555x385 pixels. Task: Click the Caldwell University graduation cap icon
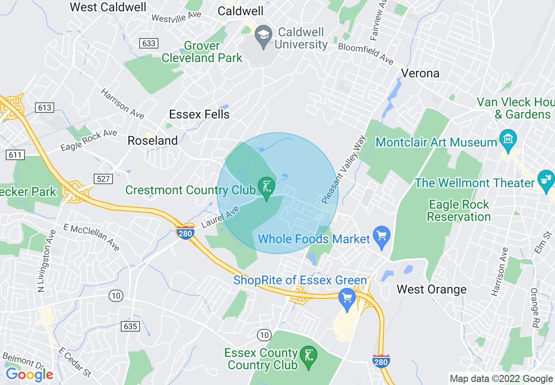click(x=263, y=34)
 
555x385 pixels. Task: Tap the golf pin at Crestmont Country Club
click(x=266, y=186)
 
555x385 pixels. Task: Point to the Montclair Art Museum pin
click(x=508, y=139)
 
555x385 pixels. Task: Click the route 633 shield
click(x=149, y=43)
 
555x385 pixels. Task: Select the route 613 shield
click(x=45, y=108)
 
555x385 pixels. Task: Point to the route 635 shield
click(x=130, y=326)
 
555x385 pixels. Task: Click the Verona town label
click(x=420, y=73)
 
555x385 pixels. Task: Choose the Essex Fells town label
click(x=199, y=115)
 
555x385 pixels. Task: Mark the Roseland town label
click(x=152, y=140)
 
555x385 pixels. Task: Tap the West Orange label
click(x=431, y=290)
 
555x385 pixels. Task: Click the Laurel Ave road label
click(x=221, y=217)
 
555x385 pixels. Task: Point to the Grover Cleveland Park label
click(x=202, y=52)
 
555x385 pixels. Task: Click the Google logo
click(x=29, y=374)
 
